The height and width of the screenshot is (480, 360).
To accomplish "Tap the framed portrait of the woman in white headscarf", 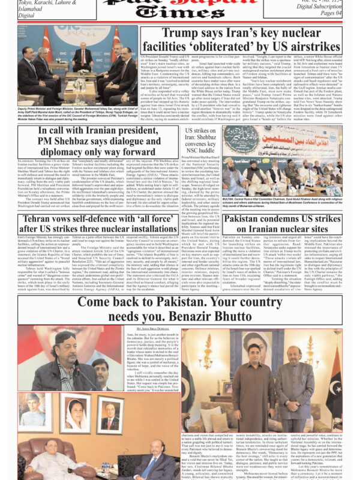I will coord(75,412).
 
